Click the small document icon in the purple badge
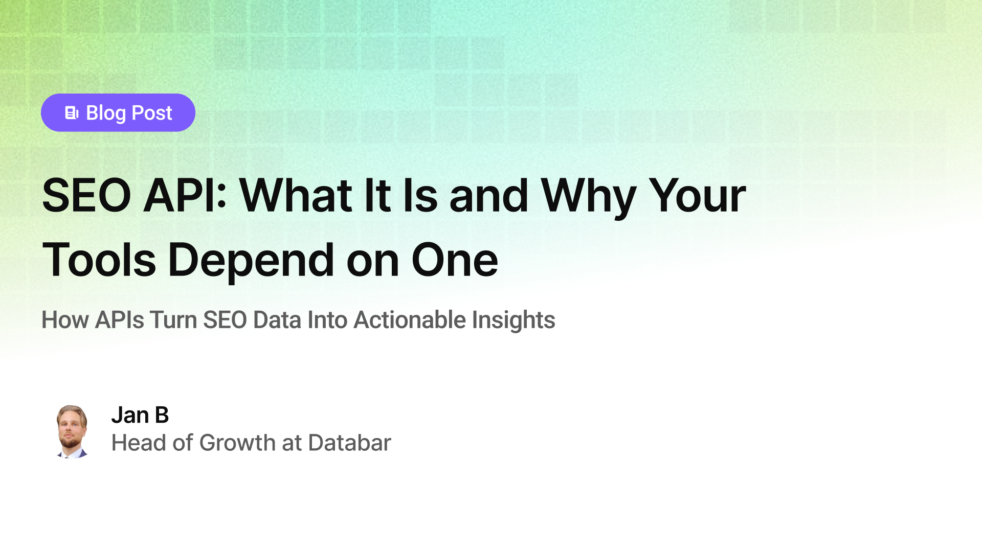[x=72, y=113]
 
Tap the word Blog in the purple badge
[x=106, y=113]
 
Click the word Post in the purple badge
[x=152, y=113]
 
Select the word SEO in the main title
[x=86, y=196]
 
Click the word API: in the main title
[x=185, y=196]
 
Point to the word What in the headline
[x=296, y=196]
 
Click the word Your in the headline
[x=697, y=196]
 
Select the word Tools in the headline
[x=99, y=260]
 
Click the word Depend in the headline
[x=251, y=260]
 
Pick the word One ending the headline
[x=454, y=260]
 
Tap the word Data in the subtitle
[x=277, y=320]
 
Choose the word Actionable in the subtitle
[x=410, y=320]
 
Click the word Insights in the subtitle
[x=513, y=320]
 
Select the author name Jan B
[x=140, y=415]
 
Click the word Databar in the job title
[x=349, y=443]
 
